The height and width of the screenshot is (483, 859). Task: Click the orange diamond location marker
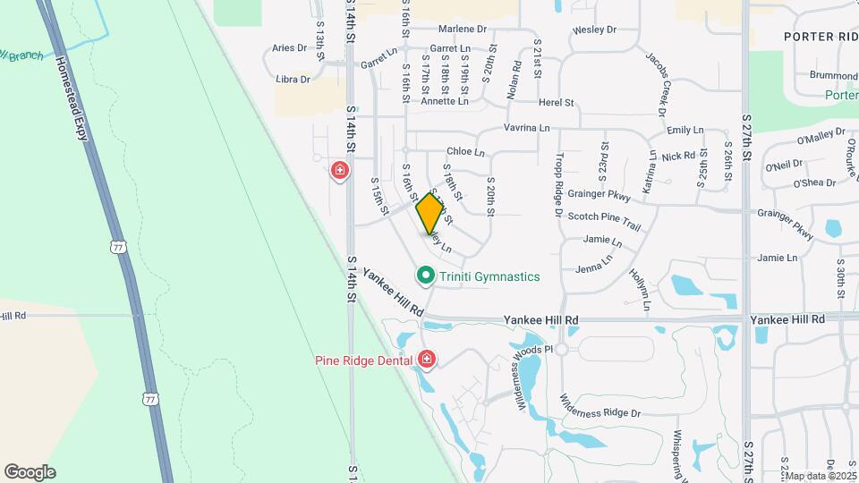click(x=430, y=213)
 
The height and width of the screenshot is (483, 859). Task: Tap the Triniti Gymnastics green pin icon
click(x=426, y=275)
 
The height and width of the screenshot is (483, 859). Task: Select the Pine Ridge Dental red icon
click(x=427, y=360)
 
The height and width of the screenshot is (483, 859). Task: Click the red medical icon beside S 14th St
click(x=339, y=170)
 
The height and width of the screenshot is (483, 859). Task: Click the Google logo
click(x=30, y=472)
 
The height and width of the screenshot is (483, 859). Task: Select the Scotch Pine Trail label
click(x=605, y=216)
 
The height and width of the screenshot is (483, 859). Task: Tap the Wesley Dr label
click(x=595, y=30)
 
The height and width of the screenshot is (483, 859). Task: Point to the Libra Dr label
click(x=293, y=80)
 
